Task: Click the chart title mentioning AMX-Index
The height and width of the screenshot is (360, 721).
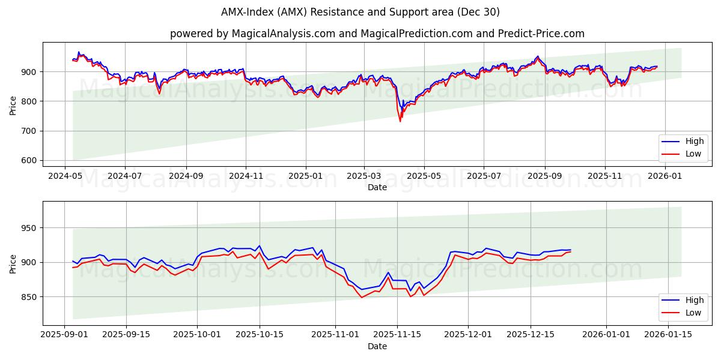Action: (360, 12)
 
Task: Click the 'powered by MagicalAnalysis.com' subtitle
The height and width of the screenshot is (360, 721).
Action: (377, 34)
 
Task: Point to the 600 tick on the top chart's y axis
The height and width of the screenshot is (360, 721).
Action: (30, 160)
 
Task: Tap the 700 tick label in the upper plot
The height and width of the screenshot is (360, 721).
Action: (30, 131)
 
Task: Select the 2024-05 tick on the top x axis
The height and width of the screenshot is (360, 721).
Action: (65, 176)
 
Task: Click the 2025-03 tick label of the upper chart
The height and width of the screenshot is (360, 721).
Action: (364, 176)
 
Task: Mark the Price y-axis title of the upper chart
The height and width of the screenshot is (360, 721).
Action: (13, 105)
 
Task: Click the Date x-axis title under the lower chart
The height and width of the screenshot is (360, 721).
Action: (377, 346)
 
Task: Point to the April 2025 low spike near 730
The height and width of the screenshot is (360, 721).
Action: (400, 121)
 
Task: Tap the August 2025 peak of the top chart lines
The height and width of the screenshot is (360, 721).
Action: (538, 56)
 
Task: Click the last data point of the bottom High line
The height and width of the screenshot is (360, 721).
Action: (570, 250)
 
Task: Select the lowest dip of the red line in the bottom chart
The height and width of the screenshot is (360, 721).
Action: (362, 298)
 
